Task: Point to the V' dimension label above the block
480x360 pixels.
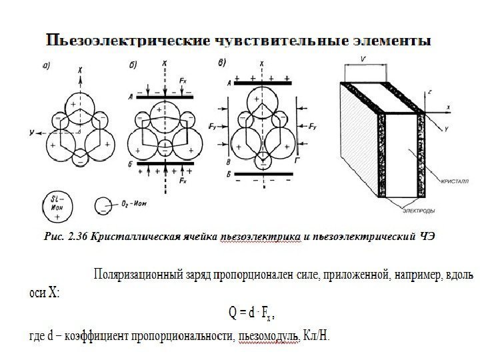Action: click(x=363, y=59)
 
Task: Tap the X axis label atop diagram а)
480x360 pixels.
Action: click(x=81, y=69)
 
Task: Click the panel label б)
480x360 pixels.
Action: click(x=134, y=65)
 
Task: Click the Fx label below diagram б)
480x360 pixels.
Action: click(x=183, y=181)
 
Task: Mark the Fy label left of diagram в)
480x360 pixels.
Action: click(x=212, y=125)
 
